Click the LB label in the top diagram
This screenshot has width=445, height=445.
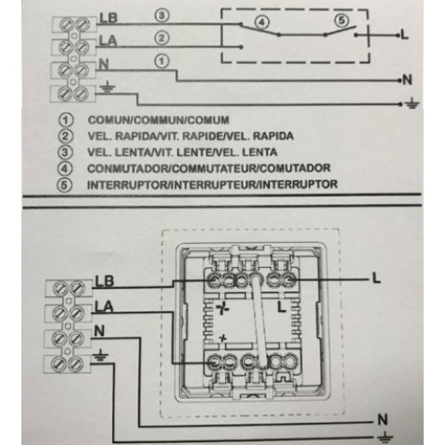click(x=109, y=18)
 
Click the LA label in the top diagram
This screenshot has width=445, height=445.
click(x=108, y=41)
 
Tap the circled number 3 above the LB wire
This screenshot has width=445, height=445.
click(x=162, y=16)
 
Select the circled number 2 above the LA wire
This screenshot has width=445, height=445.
click(x=162, y=38)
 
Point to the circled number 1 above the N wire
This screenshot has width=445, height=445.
click(x=162, y=61)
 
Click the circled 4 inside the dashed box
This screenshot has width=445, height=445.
click(x=262, y=23)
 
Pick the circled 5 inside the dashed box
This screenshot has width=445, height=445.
click(x=342, y=20)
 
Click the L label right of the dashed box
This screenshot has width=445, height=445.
click(x=405, y=35)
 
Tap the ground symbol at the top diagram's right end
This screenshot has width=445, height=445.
click(x=413, y=104)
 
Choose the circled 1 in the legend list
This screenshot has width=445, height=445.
click(x=66, y=120)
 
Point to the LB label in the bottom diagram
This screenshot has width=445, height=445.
click(x=104, y=281)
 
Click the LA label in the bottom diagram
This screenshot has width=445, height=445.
click(x=104, y=306)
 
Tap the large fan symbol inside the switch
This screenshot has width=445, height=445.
click(x=222, y=309)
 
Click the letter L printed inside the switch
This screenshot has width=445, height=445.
click(x=281, y=307)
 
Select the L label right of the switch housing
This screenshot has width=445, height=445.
click(x=376, y=279)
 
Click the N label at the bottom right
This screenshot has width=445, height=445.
click(x=383, y=419)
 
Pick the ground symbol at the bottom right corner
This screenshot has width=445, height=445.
click(x=385, y=438)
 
